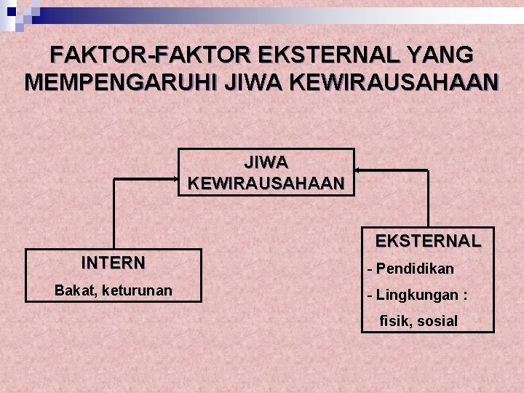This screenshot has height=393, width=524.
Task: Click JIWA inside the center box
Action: click(266, 162)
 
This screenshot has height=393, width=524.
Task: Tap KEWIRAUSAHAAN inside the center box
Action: click(266, 183)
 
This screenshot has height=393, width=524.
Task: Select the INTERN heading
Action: click(113, 263)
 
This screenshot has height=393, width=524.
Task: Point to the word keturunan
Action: click(138, 290)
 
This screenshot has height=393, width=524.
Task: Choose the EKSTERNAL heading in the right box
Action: click(428, 241)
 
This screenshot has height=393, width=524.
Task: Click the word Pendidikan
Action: click(415, 269)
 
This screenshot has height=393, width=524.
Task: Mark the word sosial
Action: click(439, 321)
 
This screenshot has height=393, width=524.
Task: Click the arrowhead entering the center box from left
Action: click(175, 178)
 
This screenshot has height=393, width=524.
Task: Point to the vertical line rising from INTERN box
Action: click(113, 215)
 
